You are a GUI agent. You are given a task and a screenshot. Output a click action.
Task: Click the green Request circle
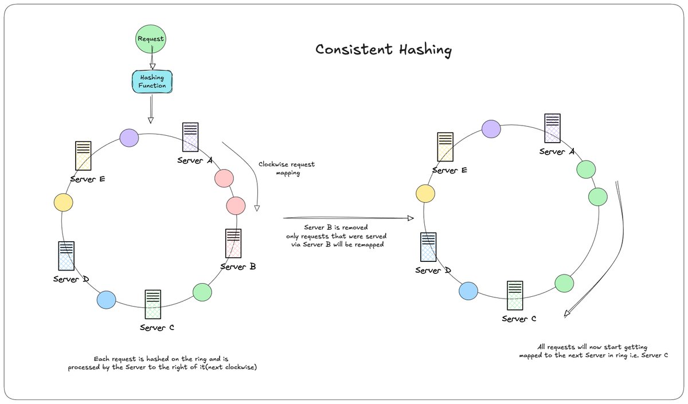click(150, 39)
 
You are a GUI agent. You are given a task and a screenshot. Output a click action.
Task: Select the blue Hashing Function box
click(152, 81)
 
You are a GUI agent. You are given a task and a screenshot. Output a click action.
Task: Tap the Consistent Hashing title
click(384, 50)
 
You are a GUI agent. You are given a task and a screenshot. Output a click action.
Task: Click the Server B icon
click(233, 243)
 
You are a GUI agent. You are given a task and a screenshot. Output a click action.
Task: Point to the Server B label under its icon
click(238, 266)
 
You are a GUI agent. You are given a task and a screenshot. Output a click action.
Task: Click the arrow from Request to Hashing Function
click(152, 58)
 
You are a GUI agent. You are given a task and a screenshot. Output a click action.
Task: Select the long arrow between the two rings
click(349, 218)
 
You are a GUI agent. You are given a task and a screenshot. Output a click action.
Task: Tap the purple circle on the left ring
click(129, 138)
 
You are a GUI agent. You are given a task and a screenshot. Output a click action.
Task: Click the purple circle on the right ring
click(491, 129)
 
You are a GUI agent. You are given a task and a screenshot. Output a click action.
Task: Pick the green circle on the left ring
click(202, 292)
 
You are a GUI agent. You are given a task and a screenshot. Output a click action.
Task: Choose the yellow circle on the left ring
click(63, 202)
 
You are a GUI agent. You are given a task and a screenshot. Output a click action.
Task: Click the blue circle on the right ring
click(468, 291)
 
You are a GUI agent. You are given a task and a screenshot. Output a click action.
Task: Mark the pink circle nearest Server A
click(224, 178)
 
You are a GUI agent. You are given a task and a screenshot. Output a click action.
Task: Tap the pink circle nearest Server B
click(236, 206)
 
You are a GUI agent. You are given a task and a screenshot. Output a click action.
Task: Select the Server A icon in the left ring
click(190, 137)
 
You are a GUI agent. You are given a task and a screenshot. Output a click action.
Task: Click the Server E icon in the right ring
click(445, 147)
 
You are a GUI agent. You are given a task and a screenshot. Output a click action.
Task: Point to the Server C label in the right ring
click(519, 319)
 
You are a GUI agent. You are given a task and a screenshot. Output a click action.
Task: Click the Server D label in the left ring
click(71, 279)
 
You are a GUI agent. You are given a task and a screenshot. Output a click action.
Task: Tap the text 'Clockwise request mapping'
click(287, 168)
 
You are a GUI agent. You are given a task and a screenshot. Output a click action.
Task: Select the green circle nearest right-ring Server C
click(564, 283)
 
